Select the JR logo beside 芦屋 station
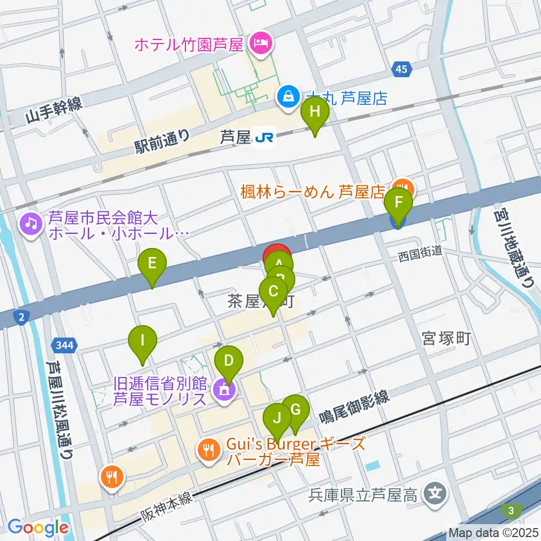(264, 137)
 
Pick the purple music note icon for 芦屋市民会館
(30, 224)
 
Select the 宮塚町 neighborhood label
(446, 338)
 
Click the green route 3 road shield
(511, 511)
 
